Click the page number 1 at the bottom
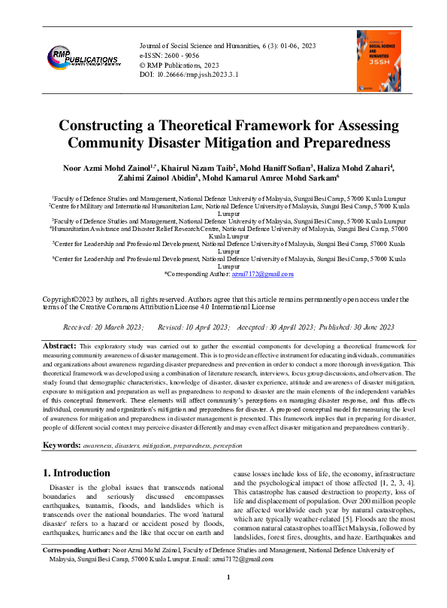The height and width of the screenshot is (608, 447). tap(228, 597)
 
